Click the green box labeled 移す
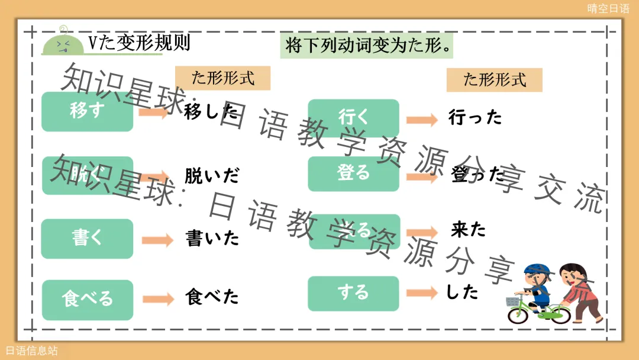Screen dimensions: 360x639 click(87, 111)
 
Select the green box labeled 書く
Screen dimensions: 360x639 click(87, 239)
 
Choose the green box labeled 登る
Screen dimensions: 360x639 click(353, 173)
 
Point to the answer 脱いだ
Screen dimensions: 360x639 click(212, 176)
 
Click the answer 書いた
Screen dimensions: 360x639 click(212, 239)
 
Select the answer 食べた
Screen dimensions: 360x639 click(212, 297)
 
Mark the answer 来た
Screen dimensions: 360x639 click(468, 230)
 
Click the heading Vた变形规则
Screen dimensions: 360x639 click(139, 43)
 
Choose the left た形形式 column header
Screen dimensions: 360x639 click(222, 78)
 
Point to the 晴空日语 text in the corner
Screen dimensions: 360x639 click(608, 8)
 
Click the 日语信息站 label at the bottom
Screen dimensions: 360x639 click(31, 351)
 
